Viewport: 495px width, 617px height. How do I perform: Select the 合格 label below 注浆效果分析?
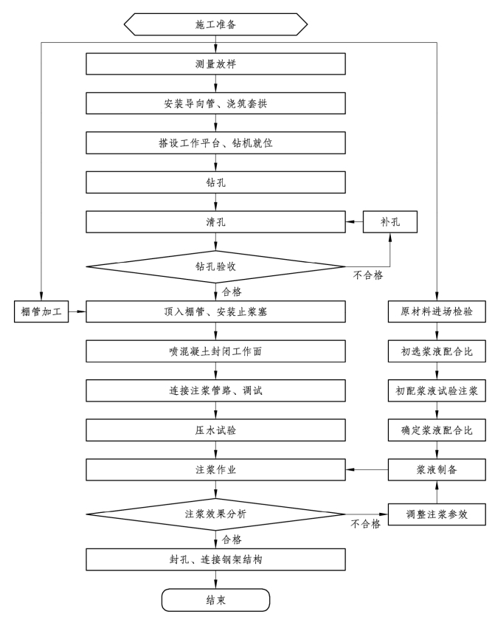(x=232, y=540)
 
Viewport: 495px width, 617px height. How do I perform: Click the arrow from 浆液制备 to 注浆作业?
(x=367, y=469)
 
